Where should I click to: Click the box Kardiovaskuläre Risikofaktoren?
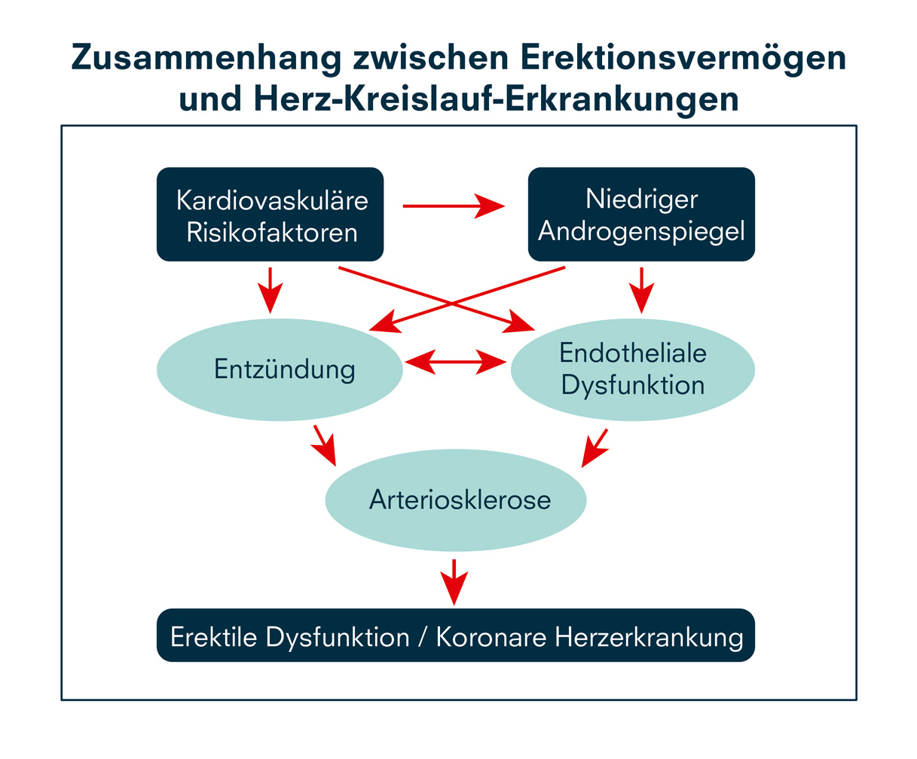[x=270, y=215]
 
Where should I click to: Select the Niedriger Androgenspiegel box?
[x=641, y=215]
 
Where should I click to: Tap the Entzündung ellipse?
[x=280, y=370]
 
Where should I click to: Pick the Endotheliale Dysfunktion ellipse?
[x=632, y=370]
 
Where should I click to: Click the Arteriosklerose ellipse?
[x=456, y=500]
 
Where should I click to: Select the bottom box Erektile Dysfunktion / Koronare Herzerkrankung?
[x=456, y=636]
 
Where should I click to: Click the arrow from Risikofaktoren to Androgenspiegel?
[x=452, y=206]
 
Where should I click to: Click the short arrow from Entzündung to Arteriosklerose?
[x=323, y=445]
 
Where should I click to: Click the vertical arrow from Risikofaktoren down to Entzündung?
[x=270, y=289]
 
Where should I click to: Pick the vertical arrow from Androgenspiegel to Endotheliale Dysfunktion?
[x=641, y=289]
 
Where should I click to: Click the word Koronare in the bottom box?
[x=491, y=637]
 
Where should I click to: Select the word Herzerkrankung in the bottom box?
[x=649, y=637]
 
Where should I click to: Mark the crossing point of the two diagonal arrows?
[x=452, y=303]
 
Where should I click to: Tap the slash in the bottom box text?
[x=423, y=637]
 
